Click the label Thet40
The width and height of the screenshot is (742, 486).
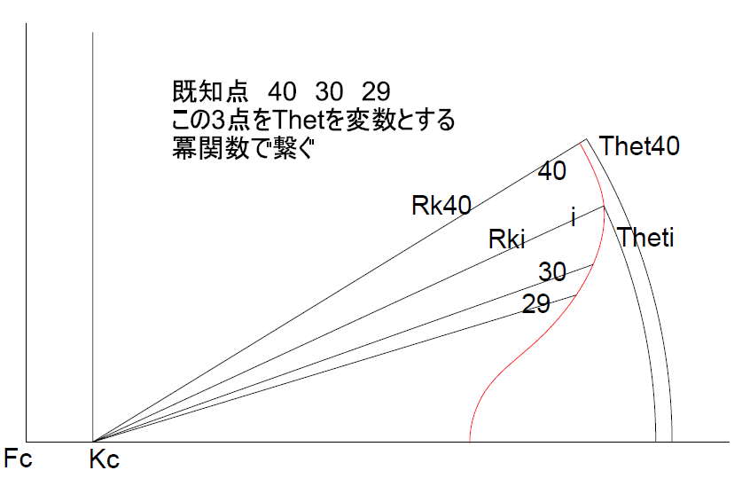(x=639, y=146)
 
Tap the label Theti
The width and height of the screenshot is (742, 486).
(x=646, y=238)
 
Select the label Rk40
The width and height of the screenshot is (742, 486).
(x=441, y=206)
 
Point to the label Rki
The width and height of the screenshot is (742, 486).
(x=508, y=239)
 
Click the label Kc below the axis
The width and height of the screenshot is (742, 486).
(x=105, y=461)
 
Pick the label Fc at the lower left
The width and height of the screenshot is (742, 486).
(x=20, y=461)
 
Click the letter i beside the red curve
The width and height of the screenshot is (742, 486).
(x=574, y=216)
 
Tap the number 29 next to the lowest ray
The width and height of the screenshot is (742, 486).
(x=535, y=305)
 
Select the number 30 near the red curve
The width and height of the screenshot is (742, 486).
(x=552, y=272)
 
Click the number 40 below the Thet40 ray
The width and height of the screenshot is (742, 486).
(x=552, y=172)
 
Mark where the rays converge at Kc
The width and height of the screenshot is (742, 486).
(x=93, y=441)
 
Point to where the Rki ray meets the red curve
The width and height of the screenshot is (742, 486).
(x=604, y=206)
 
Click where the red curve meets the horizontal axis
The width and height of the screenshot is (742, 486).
(x=469, y=441)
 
